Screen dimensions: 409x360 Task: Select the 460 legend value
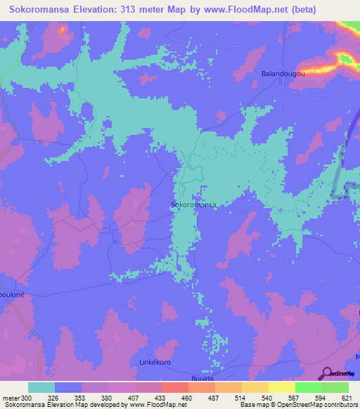tap(186, 397)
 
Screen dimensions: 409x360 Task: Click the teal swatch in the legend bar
tap(41, 387)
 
